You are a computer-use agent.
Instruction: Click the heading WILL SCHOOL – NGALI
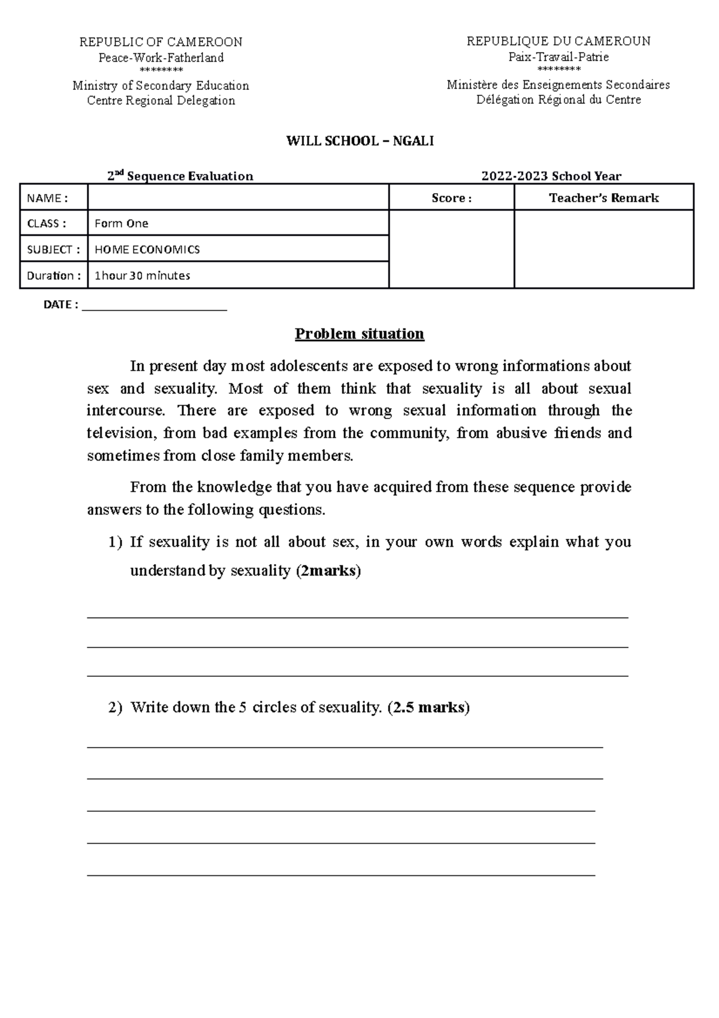[359, 141]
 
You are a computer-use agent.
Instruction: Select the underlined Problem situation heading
[359, 334]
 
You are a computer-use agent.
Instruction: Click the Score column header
[451, 198]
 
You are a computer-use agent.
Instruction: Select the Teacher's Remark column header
[603, 198]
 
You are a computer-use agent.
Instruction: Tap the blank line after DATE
[155, 306]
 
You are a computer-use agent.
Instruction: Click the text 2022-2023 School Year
[551, 176]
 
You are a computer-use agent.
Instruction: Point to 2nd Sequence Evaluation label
[180, 176]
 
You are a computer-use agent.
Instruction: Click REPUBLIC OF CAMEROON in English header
[161, 42]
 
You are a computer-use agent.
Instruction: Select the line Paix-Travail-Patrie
[558, 57]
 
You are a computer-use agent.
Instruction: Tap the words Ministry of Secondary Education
[161, 86]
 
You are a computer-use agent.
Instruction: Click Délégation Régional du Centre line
[558, 100]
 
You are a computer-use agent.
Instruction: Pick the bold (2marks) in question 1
[329, 571]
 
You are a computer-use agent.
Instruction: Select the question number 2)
[115, 707]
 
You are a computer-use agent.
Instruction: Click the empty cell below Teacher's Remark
[603, 249]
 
